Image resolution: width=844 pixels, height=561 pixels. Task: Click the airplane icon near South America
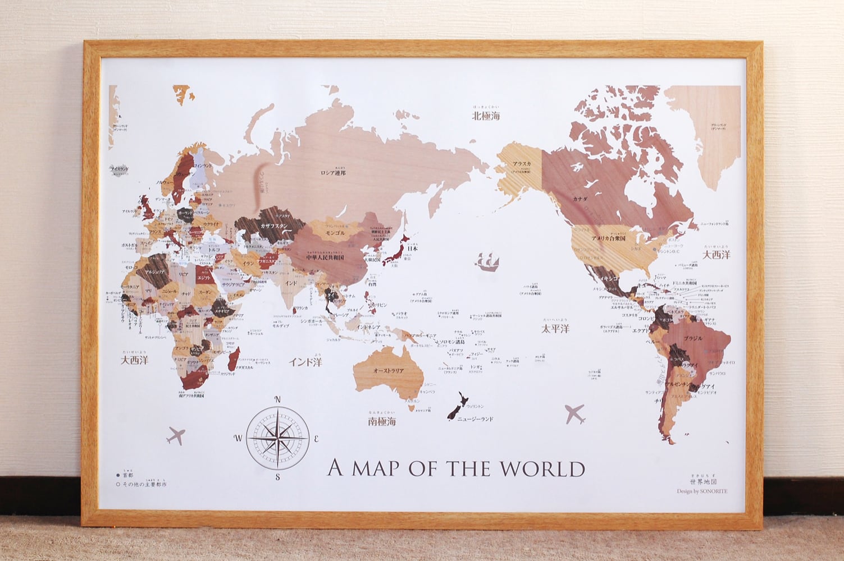tap(574, 414)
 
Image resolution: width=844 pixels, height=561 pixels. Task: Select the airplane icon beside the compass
tap(176, 435)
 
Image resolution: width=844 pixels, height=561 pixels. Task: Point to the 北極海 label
tap(486, 116)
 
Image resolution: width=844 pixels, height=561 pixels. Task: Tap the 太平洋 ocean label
tap(555, 329)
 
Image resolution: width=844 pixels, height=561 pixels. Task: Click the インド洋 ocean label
tap(305, 362)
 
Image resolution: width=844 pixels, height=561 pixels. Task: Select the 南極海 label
tap(382, 421)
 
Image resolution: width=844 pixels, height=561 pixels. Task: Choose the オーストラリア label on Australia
tap(389, 371)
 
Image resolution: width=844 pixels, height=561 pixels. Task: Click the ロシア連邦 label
tap(333, 173)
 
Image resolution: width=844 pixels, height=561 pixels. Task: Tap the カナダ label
tap(581, 199)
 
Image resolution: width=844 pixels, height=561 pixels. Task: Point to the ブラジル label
tap(694, 339)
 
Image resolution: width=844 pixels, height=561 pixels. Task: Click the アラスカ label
tap(522, 164)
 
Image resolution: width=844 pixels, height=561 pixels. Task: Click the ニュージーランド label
tap(475, 419)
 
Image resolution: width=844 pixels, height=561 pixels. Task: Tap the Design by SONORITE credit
tap(702, 491)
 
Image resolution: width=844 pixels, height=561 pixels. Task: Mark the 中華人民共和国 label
tap(325, 257)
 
